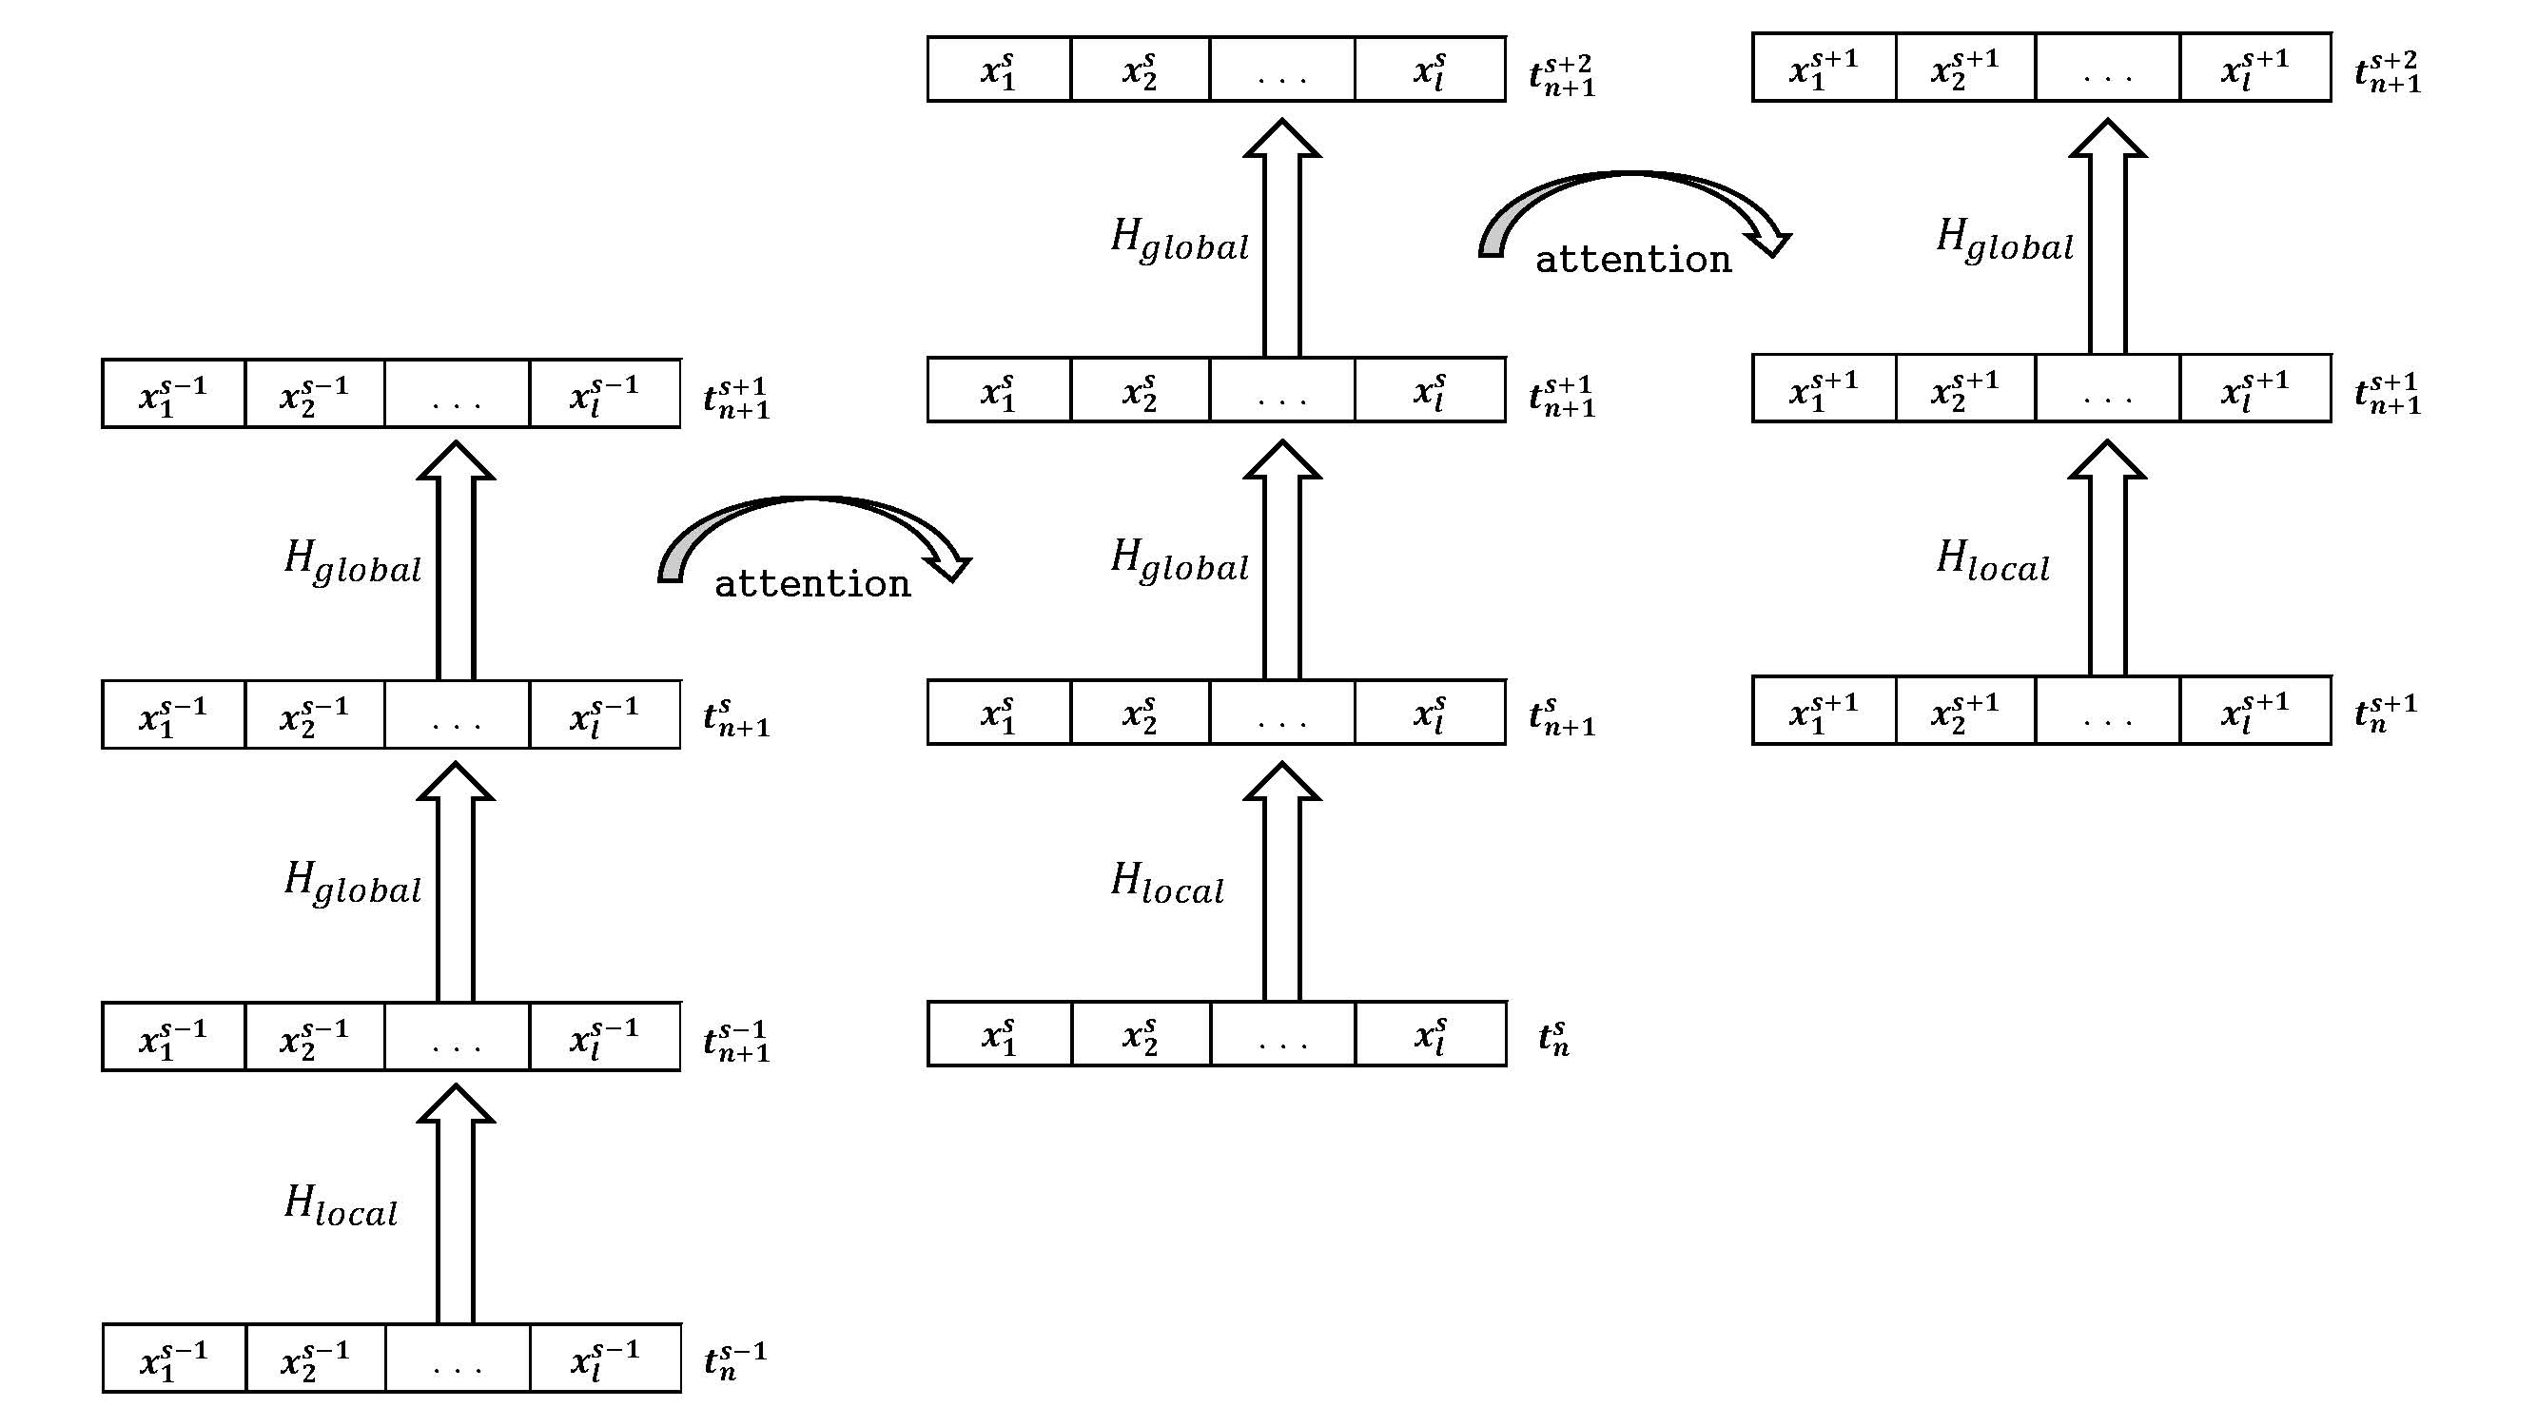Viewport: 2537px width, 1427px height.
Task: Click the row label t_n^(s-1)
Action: coord(734,1361)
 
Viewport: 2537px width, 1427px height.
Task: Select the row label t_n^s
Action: coord(1554,1037)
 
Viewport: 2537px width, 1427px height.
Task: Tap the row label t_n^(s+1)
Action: coord(2386,712)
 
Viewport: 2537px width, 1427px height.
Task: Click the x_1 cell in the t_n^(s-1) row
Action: coord(173,1359)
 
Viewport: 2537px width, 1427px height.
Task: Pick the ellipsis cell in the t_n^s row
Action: coord(1282,1035)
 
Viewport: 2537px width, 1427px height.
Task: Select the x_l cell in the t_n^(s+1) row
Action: coord(2255,711)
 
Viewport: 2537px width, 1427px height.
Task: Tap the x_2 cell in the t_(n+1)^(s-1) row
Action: coord(314,1038)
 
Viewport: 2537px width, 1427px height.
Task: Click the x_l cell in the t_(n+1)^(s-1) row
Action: coord(605,1038)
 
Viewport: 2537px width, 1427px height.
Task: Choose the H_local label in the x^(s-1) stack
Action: coord(341,1206)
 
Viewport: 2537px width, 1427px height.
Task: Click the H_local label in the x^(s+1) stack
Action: coord(1992,561)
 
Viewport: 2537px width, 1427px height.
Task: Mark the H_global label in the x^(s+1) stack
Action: coord(2004,241)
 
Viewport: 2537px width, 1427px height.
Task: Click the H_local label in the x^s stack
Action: coord(1167,884)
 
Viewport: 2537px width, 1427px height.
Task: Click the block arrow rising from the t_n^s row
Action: coord(1281,882)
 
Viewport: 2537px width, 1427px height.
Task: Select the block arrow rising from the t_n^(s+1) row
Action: coord(2107,558)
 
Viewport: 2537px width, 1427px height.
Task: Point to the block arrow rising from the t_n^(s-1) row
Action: coord(455,1203)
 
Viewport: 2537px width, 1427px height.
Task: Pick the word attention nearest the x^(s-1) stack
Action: coord(812,585)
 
